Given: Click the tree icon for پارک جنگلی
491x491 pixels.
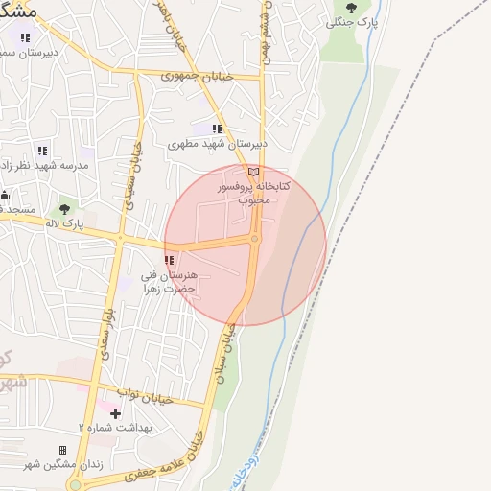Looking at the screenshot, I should [351, 8].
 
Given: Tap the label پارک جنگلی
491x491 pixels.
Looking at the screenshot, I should [347, 22].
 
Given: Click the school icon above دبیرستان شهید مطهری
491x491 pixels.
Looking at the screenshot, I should [217, 129].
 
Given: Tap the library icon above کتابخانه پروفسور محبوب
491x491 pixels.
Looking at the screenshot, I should [253, 171].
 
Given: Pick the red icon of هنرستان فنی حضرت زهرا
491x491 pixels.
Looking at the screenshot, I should [170, 260].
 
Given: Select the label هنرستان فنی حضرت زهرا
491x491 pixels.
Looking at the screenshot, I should [169, 282].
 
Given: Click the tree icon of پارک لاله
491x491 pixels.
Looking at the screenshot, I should [64, 208].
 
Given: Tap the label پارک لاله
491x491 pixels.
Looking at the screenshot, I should [65, 222].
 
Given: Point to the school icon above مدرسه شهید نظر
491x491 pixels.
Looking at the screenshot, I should [41, 151].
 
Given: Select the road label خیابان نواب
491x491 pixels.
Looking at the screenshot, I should [145, 393].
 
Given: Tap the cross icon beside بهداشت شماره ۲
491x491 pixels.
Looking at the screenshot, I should [117, 412].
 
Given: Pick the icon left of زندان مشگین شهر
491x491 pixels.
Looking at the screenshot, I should [63, 450].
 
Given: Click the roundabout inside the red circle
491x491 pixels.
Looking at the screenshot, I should [254, 239].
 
